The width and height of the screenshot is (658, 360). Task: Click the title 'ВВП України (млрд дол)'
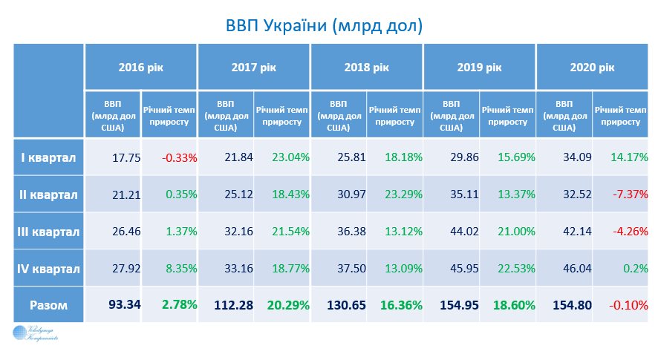point(324,26)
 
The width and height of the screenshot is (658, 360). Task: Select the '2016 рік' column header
point(140,68)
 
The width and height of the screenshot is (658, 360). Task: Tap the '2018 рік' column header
point(366,68)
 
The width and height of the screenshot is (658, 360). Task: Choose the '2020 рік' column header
point(592,68)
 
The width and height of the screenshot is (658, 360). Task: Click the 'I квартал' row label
point(48,157)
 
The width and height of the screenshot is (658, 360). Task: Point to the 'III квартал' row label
point(48,231)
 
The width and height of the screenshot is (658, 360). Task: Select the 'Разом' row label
point(48,305)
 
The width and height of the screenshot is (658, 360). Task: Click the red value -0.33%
point(179,157)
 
